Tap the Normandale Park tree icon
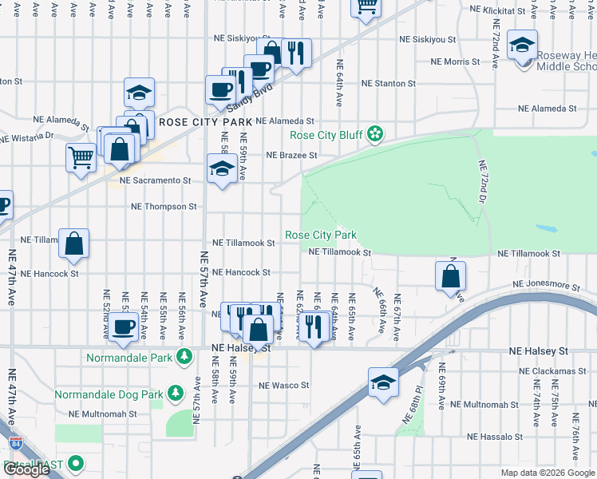pos(185,357)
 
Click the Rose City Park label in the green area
pos(321,236)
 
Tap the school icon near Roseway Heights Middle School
pos(522,46)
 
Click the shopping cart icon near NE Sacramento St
pos(81,155)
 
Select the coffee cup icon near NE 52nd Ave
pos(123,327)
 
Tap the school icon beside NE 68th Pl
pos(384,383)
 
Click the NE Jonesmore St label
pos(546,284)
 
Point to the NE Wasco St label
pos(283,386)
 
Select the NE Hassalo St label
pos(495,437)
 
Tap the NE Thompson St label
pos(164,207)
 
